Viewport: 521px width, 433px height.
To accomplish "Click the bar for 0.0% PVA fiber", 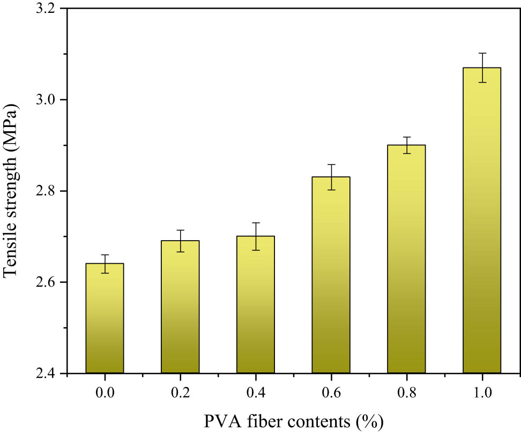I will (105, 318).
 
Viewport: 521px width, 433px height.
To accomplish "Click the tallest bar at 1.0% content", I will (482, 220).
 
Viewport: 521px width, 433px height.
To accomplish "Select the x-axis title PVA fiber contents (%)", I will (294, 421).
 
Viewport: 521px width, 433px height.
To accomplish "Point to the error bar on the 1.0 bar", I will (482, 68).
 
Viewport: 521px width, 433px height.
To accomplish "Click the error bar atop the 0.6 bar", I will (331, 177).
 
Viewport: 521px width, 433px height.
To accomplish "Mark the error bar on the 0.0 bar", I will (105, 264).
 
